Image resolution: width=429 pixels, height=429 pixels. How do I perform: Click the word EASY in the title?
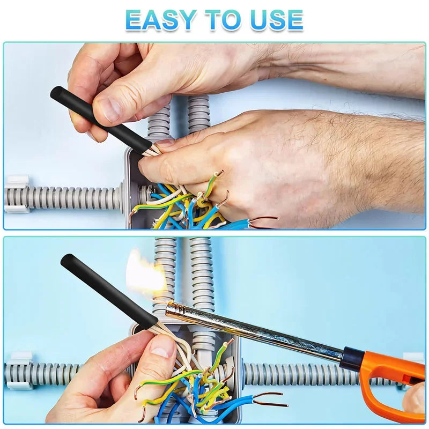click(160, 20)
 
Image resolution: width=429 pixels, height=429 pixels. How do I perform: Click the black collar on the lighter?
click(353, 357)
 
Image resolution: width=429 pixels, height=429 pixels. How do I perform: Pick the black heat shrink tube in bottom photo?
click(109, 290)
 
